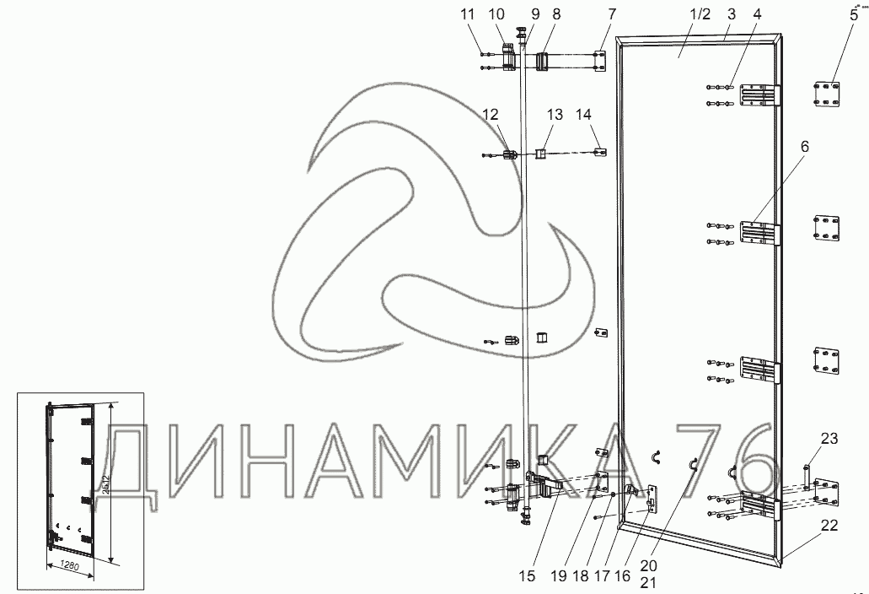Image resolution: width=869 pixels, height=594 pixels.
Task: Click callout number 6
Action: [x=804, y=146]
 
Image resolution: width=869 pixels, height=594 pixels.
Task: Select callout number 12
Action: [x=490, y=114]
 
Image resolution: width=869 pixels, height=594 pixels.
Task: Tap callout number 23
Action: [x=829, y=438]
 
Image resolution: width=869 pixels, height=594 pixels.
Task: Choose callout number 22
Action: [x=829, y=525]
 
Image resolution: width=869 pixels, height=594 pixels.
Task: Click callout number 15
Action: [x=527, y=577]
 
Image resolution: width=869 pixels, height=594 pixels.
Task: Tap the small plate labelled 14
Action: [x=599, y=152]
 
